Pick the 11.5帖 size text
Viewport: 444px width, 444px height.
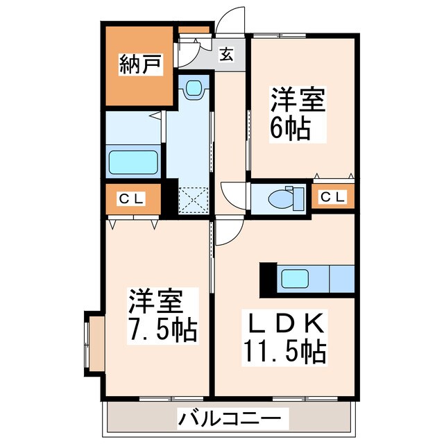tap(284, 353)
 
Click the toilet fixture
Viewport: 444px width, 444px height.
tap(285, 198)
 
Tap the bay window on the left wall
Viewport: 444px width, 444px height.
tap(94, 343)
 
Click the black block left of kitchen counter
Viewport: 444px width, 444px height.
tap(268, 280)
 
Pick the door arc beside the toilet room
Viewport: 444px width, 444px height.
tap(233, 194)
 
